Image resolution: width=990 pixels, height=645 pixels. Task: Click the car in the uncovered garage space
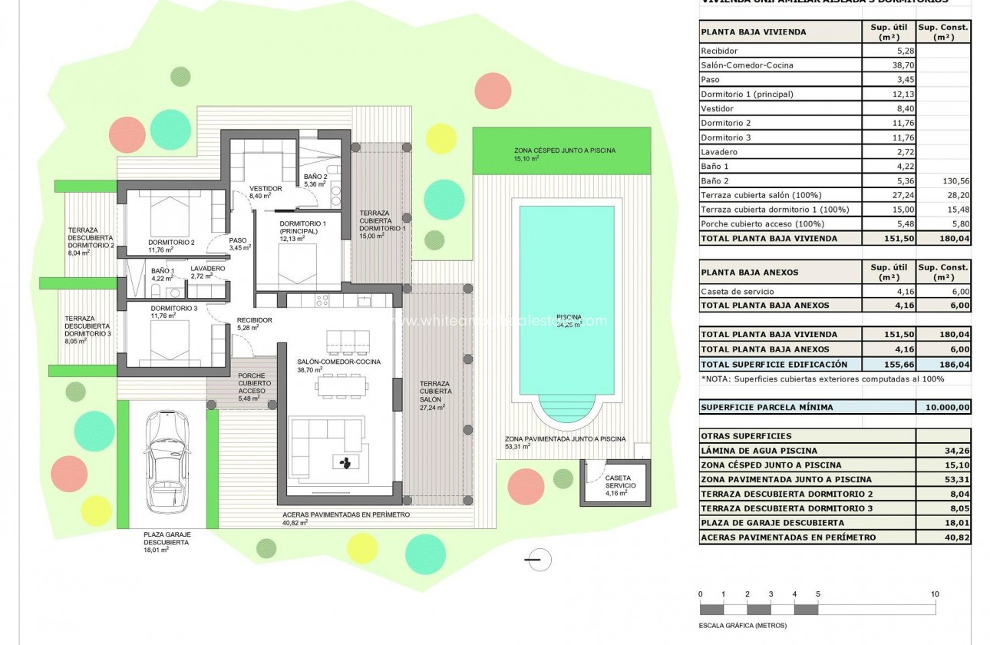167,462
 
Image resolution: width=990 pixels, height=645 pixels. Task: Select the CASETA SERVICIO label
618,482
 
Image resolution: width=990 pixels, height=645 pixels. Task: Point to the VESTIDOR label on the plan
266,189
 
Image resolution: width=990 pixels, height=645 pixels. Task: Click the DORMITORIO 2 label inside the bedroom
172,243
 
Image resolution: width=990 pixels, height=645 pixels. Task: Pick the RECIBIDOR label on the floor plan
254,320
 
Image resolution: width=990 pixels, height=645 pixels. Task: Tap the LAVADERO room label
207,269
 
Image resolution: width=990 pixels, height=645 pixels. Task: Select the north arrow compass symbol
540,560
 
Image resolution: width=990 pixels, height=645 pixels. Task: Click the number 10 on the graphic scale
934,594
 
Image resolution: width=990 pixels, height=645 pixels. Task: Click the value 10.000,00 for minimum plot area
943,408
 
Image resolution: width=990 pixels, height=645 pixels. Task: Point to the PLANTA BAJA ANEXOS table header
749,273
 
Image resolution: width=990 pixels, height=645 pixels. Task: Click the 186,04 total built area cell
943,364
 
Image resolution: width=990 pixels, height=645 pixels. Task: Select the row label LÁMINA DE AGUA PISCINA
759,451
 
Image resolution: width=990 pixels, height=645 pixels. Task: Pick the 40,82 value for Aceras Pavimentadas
943,537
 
